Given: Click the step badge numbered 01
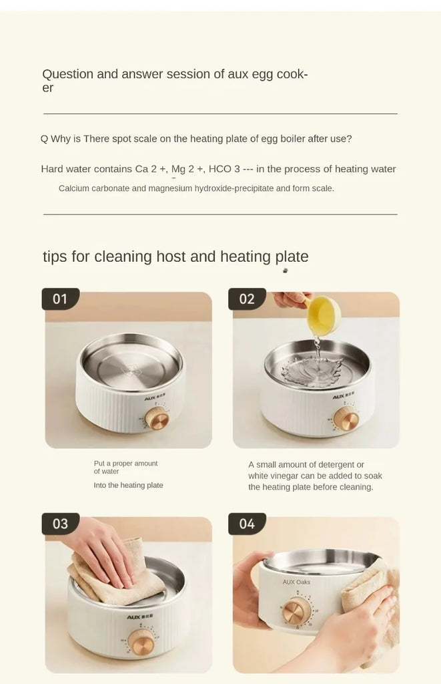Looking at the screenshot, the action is (61, 299).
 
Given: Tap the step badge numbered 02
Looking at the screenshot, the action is (247, 299).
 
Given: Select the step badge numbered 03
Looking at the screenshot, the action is (61, 524).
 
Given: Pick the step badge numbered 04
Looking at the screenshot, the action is (247, 524).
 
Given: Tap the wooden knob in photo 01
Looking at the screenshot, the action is (157, 419).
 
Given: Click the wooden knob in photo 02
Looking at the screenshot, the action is (346, 419).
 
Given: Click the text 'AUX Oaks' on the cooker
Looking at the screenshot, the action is (296, 582).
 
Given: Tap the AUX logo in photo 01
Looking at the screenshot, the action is (154, 398).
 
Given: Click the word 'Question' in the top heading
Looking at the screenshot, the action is (67, 75).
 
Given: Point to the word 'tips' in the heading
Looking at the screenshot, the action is (55, 257).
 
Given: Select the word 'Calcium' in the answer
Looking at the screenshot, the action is (73, 188).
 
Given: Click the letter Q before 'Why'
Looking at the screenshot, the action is (44, 139).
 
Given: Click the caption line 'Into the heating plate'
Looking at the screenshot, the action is (128, 485).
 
